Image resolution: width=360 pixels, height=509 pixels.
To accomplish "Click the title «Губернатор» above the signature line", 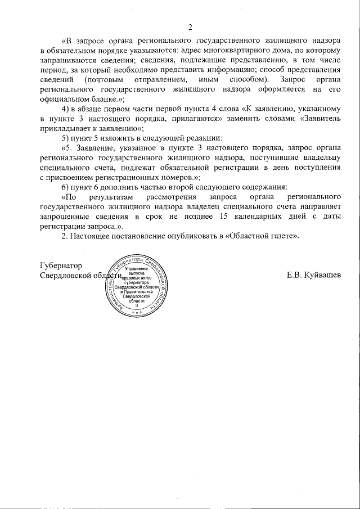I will pyautogui.click(x=61, y=265).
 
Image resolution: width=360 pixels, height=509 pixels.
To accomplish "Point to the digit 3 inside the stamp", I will pyautogui.click(x=137, y=306).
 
